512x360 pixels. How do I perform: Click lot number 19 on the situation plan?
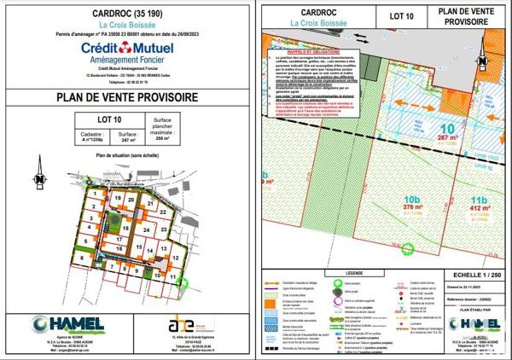[117, 196]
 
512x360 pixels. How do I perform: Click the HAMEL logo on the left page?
[67, 325]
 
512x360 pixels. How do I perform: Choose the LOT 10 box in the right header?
[389, 15]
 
